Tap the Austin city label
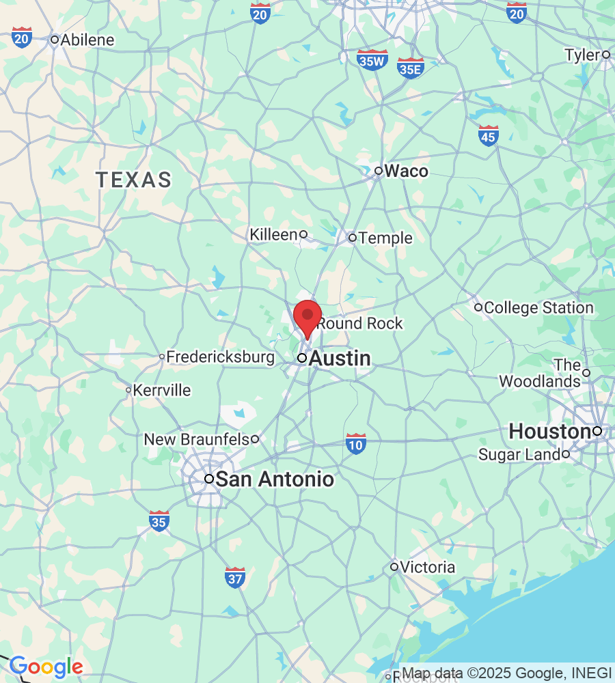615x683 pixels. point(340,359)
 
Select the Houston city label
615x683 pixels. point(549,432)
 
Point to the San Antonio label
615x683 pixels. point(274,479)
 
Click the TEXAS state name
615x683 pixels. point(133,180)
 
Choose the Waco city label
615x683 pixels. point(406,171)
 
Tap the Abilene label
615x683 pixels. point(87,40)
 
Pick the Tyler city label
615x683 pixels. point(582,55)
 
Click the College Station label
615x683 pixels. point(538,308)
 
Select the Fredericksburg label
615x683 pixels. point(220,357)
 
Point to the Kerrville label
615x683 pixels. point(162,391)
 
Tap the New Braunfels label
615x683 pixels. point(197,439)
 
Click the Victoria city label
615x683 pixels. point(427,567)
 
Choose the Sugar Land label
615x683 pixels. point(519,455)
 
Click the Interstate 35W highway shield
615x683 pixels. point(372,59)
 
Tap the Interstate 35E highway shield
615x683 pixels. point(411,68)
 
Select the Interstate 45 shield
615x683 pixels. point(488,135)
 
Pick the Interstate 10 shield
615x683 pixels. point(356,443)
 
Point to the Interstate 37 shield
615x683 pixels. point(235,577)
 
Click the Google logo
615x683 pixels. point(46,667)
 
